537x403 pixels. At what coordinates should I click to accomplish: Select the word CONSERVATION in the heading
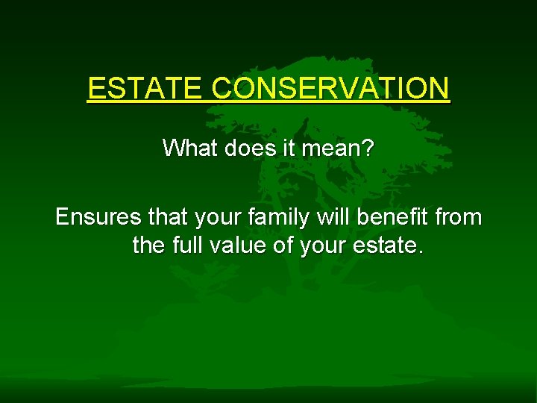(x=330, y=89)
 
